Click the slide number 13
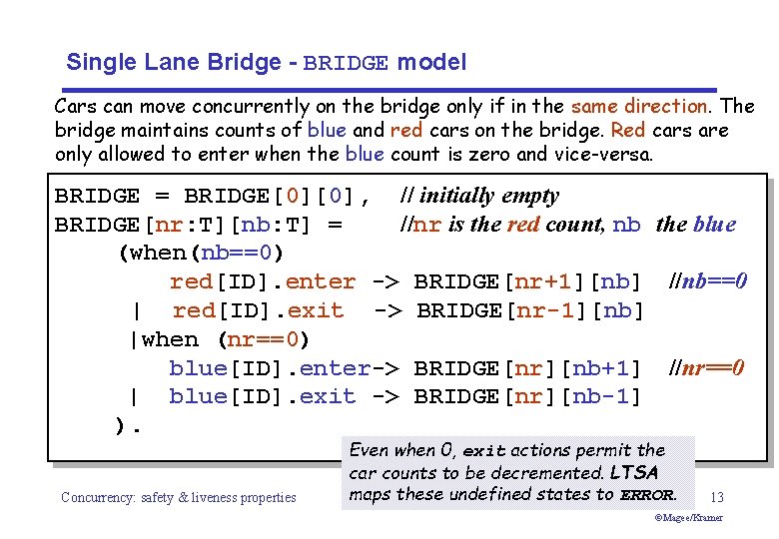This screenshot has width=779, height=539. point(717,497)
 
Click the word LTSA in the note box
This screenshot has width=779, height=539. point(633,472)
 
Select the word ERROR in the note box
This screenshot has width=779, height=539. point(647,494)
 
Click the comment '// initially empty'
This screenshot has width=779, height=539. point(478,196)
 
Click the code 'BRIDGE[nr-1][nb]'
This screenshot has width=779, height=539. point(530,310)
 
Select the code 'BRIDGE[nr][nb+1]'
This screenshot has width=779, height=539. point(526,368)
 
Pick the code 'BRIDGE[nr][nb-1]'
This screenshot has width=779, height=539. point(526,396)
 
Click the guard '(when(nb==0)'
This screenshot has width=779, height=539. point(201,253)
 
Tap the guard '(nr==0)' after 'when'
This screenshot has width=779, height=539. point(263,339)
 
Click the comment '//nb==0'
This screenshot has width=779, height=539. point(708,281)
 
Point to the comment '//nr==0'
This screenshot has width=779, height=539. point(706,368)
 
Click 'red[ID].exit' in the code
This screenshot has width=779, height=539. point(258,310)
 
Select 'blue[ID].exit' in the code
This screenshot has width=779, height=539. point(262,396)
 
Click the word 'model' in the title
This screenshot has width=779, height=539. point(431,63)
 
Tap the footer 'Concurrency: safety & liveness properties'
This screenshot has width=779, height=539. point(179,497)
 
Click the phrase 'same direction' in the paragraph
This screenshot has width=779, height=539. point(638,106)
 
